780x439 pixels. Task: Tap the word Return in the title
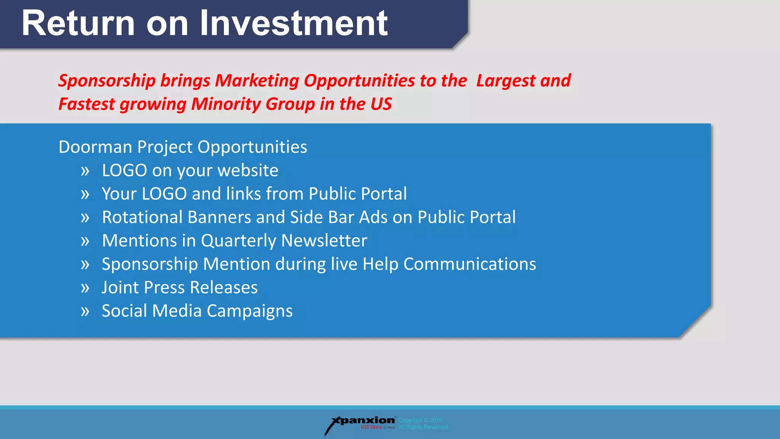(x=78, y=24)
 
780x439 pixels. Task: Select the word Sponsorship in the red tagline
(x=107, y=81)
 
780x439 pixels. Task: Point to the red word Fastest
(x=86, y=104)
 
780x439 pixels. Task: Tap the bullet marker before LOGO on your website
(x=85, y=171)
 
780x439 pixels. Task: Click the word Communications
(x=470, y=264)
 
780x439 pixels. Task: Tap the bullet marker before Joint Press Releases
(x=85, y=288)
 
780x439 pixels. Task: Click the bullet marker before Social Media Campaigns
(x=85, y=311)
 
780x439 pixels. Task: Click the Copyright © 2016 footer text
(x=420, y=420)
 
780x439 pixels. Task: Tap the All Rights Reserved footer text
(x=424, y=427)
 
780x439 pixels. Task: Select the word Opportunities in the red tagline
(x=359, y=81)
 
